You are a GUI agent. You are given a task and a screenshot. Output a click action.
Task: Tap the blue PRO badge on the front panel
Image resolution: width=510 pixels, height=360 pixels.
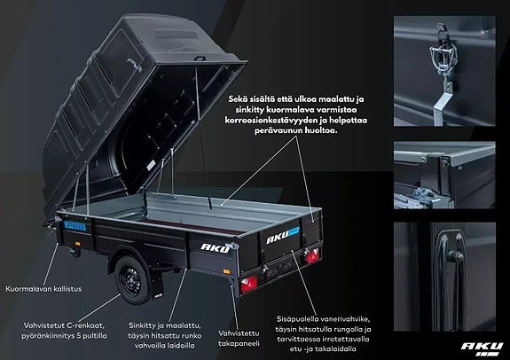pyautogui.click(x=75, y=226)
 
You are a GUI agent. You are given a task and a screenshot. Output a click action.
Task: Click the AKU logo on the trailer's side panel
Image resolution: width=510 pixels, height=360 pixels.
pyautogui.click(x=216, y=248)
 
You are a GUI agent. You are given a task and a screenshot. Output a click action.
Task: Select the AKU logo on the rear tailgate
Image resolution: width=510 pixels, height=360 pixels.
pyautogui.click(x=282, y=235)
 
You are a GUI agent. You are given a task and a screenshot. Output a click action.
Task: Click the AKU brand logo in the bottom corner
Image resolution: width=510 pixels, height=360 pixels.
pyautogui.click(x=482, y=348)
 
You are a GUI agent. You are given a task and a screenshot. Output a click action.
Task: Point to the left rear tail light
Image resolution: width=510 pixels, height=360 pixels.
pyautogui.click(x=249, y=284)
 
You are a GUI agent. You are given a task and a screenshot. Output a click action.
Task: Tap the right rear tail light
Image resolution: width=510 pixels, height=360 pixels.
pyautogui.click(x=313, y=256)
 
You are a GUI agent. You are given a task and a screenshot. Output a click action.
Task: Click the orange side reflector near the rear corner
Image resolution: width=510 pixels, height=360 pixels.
pyautogui.click(x=226, y=271)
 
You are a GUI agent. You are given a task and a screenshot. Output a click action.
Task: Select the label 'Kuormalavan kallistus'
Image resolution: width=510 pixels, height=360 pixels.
pyautogui.click(x=43, y=289)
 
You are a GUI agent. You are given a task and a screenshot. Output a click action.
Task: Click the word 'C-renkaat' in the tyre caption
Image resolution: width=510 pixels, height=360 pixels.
pyautogui.click(x=85, y=325)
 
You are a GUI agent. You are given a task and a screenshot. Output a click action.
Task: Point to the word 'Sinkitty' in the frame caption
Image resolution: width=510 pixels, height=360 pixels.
pyautogui.click(x=141, y=325)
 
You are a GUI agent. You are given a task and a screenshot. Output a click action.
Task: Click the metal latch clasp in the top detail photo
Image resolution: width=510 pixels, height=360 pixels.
pyautogui.click(x=443, y=58)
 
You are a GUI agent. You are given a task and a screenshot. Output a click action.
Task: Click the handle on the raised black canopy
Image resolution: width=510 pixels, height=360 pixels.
pyautogui.click(x=134, y=65)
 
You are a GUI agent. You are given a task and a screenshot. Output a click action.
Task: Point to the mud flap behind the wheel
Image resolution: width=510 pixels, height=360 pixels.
pyautogui.click(x=156, y=285)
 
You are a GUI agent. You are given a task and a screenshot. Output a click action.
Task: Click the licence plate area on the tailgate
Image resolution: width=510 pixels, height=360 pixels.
pyautogui.click(x=280, y=268)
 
